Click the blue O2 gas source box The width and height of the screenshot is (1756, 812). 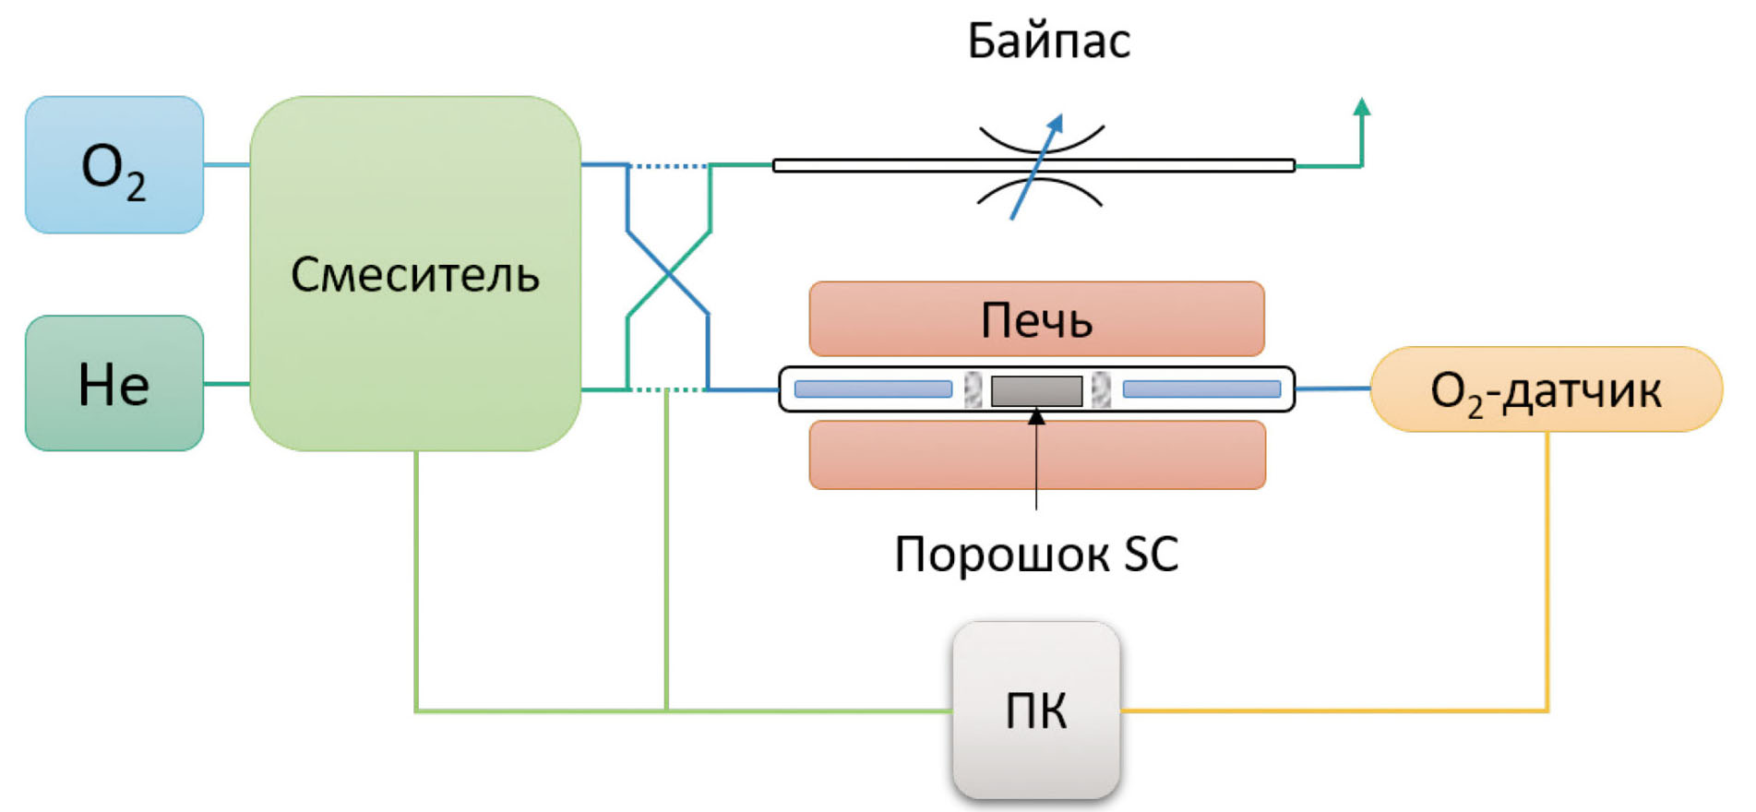point(113,165)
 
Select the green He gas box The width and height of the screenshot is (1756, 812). point(113,383)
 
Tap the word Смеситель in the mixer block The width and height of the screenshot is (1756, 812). point(414,275)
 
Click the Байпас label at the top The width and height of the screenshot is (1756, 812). point(1048,42)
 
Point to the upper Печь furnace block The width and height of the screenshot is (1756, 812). point(1036,319)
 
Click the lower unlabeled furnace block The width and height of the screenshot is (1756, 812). point(1036,454)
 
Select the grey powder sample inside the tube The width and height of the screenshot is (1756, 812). point(1036,390)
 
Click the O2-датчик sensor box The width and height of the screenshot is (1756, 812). point(1546,389)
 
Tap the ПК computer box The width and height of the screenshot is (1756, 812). point(1036,710)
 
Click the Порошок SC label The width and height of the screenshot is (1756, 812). point(1036,555)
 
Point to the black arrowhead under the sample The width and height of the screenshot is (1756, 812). point(1036,417)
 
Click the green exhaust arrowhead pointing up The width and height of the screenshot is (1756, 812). point(1361,106)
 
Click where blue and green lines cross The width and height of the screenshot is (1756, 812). point(668,273)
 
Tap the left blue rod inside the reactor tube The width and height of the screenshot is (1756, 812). point(873,389)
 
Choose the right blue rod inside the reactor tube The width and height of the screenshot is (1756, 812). point(1201,389)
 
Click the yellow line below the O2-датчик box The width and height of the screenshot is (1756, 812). point(1547,572)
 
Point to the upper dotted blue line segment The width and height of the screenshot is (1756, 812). point(669,166)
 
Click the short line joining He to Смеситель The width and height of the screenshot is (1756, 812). point(226,384)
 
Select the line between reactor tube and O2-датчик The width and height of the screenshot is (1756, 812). point(1333,388)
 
